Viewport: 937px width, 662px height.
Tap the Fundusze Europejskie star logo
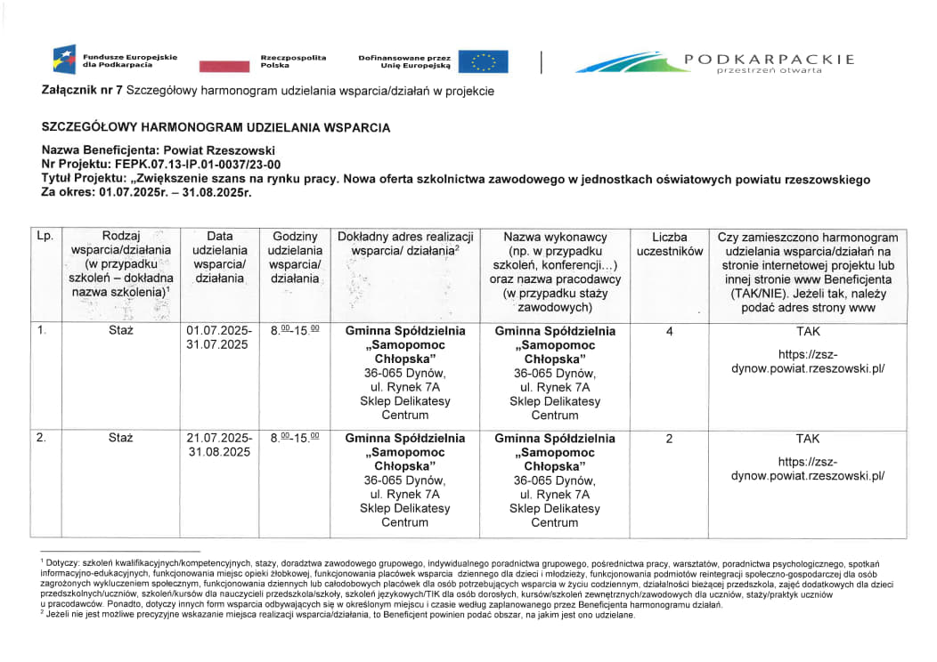[65, 61]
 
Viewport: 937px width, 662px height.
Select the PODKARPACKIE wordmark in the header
[769, 60]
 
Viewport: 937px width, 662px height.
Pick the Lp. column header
[45, 238]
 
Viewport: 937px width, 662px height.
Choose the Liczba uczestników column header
[669, 245]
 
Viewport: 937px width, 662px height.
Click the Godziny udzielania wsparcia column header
[295, 258]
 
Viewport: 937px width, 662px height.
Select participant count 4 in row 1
[669, 331]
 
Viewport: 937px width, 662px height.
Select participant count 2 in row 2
[669, 439]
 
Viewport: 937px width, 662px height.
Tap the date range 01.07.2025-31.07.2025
[219, 338]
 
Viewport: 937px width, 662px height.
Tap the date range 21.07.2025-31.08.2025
[219, 446]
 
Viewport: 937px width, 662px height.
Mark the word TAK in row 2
[808, 439]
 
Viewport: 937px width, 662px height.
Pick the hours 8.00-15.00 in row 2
[295, 439]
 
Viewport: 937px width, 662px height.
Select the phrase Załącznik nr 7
[82, 91]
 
